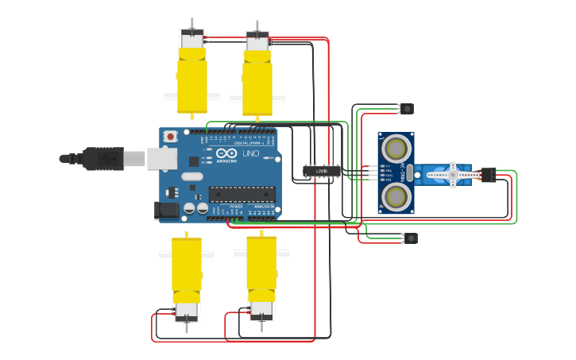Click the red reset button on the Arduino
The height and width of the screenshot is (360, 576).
click(x=170, y=137)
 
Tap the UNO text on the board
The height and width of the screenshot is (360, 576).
click(x=250, y=153)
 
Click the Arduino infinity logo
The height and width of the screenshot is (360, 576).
click(x=226, y=153)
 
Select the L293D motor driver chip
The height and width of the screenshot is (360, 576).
click(x=322, y=171)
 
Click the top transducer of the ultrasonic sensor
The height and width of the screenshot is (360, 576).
click(x=396, y=148)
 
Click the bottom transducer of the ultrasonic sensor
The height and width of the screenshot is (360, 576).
click(x=396, y=195)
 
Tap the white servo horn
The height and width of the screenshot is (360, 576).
click(x=452, y=175)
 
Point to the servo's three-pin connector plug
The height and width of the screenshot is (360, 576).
click(x=487, y=175)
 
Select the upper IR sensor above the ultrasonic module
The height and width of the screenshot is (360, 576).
click(x=408, y=109)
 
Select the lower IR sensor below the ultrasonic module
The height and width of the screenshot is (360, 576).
click(x=410, y=238)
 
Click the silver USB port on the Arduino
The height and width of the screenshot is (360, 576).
click(x=162, y=159)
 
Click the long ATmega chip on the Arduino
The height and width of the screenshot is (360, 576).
click(x=242, y=194)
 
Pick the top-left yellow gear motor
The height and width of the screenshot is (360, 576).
click(x=191, y=75)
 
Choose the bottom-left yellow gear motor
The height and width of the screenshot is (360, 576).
click(x=187, y=274)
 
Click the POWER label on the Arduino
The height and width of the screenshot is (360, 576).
click(x=236, y=207)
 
